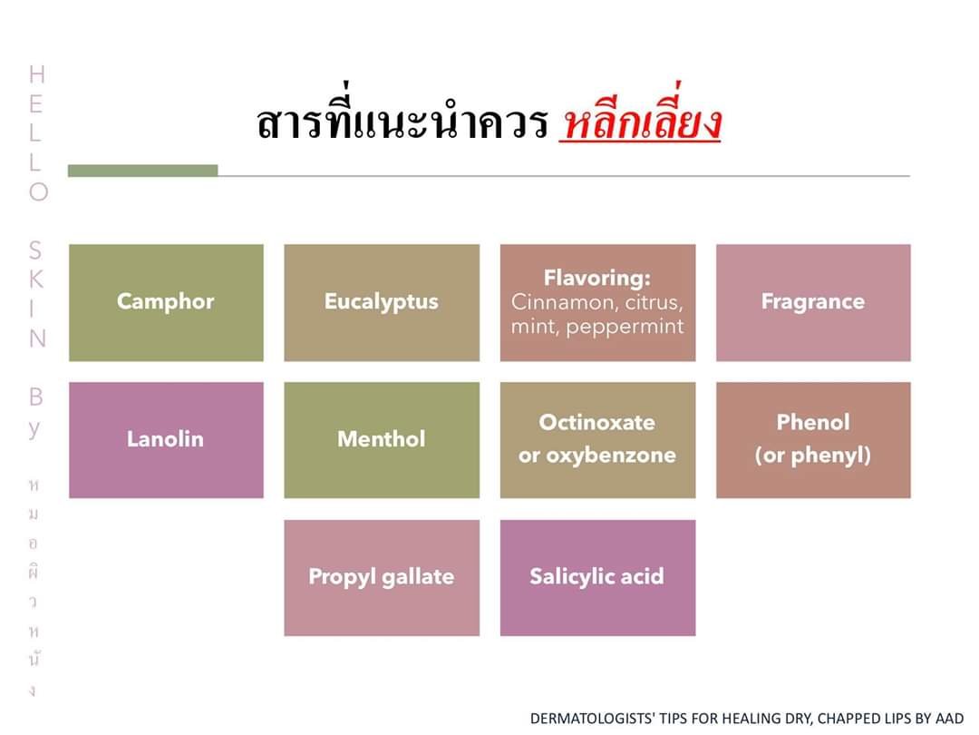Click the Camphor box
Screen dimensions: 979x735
tap(166, 302)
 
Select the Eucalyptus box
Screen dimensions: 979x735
tap(382, 302)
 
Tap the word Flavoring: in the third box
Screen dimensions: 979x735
tap(596, 278)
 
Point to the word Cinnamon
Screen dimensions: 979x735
tap(561, 302)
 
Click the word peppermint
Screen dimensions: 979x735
tap(625, 327)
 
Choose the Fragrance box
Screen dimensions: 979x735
tap(813, 302)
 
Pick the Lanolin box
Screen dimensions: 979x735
tap(166, 440)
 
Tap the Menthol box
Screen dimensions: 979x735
tap(382, 440)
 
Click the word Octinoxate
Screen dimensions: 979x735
tap(596, 423)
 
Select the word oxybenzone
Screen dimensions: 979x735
tap(611, 456)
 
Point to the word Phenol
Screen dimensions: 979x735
tap(813, 423)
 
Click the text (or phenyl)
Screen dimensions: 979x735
tap(813, 456)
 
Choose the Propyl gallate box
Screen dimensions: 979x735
tap(382, 578)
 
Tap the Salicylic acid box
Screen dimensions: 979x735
tap(597, 578)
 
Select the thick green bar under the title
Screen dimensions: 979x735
tap(143, 171)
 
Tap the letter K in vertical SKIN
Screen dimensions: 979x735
tap(37, 279)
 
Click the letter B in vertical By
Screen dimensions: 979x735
tap(36, 397)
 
